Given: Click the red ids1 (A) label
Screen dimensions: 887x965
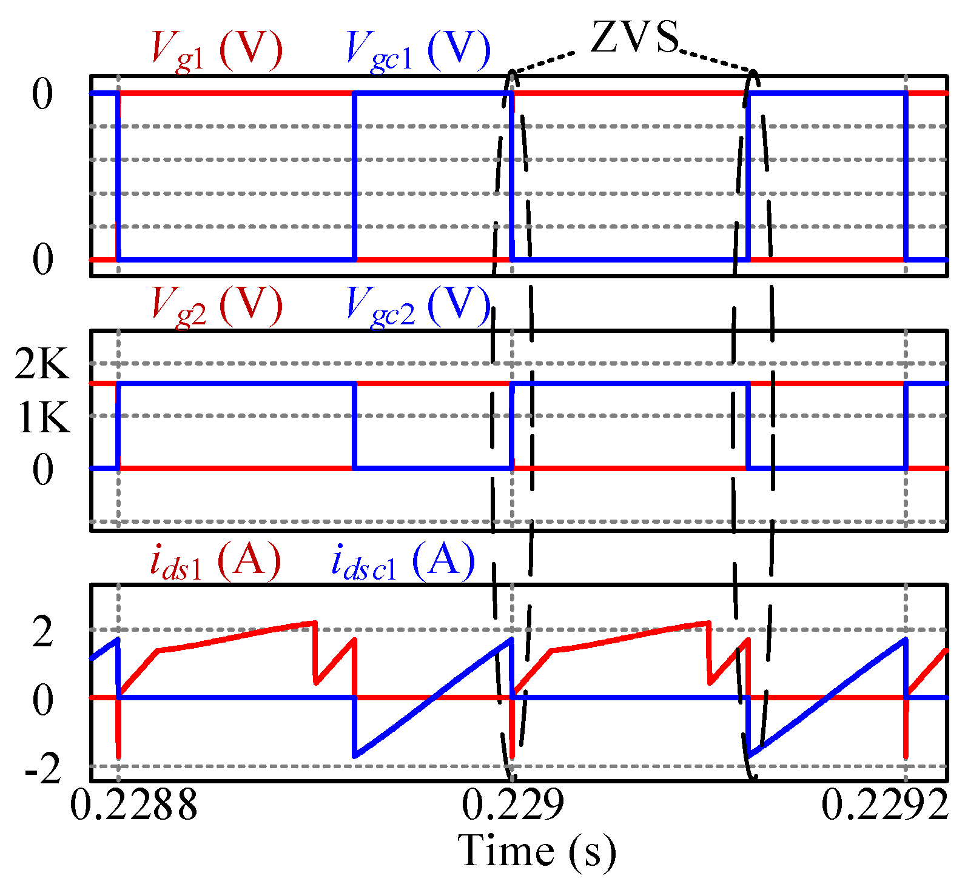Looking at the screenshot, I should (x=215, y=560).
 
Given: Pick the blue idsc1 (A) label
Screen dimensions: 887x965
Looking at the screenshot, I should (x=403, y=560).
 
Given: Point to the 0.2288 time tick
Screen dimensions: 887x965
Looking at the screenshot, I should (x=134, y=805).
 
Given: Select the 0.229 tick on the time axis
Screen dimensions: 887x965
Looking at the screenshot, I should (x=513, y=805).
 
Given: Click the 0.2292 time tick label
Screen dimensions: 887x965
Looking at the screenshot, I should (x=884, y=805).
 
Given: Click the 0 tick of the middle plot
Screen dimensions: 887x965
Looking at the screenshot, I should (x=42, y=469).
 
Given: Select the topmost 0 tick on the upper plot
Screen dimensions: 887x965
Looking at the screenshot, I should (x=42, y=95).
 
